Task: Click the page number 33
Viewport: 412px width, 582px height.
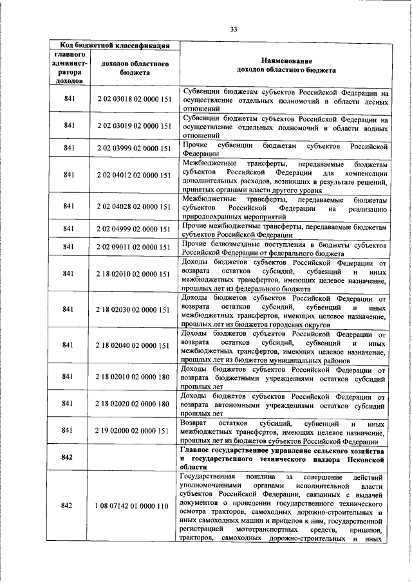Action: tap(234, 29)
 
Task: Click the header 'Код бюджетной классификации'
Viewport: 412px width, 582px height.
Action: tap(115, 45)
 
